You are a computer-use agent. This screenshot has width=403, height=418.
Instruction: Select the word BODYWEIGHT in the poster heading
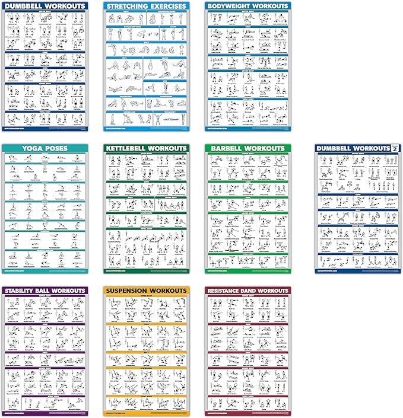(x=230, y=6)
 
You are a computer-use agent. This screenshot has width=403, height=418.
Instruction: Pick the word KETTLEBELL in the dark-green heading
(x=129, y=148)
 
